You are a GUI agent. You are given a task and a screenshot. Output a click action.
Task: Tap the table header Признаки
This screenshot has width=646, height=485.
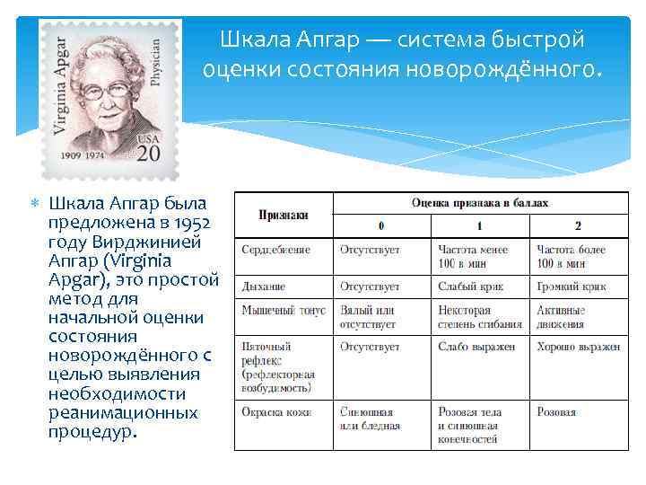[283, 215]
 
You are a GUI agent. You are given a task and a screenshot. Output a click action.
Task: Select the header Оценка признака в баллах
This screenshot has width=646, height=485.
[479, 204]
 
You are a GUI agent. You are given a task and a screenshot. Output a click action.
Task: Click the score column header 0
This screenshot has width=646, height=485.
[381, 225]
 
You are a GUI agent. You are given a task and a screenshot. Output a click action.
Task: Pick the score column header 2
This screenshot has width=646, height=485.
[578, 225]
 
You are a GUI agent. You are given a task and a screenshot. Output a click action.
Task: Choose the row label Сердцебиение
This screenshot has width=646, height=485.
[275, 250]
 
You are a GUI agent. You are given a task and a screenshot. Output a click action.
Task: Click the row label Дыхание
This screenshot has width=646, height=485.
[263, 287]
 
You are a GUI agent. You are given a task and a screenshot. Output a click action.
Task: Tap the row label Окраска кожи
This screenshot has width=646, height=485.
[276, 412]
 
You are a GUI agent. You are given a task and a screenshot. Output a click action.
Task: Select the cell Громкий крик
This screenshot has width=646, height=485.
[571, 287]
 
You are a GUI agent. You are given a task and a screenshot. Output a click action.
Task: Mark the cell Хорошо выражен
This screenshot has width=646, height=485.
[579, 346]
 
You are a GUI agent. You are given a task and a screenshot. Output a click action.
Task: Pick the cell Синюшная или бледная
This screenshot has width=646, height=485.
[371, 419]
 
